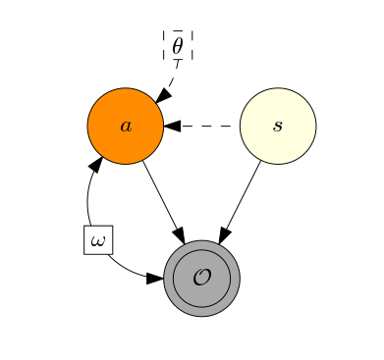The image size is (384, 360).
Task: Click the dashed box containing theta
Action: tap(177, 44)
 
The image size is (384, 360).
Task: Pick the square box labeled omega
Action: tap(98, 239)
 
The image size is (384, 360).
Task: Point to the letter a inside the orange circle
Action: tap(125, 126)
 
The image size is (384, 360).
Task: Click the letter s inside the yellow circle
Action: tap(278, 126)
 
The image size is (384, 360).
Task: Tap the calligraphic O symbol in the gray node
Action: tap(201, 278)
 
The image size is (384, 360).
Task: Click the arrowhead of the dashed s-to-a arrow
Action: tap(172, 126)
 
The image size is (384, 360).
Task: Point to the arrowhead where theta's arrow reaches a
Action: tap(162, 95)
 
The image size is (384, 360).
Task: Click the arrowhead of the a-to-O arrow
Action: tap(179, 234)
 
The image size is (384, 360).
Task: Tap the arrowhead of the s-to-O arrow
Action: tap(224, 234)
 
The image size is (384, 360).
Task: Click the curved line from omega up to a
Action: tap(88, 196)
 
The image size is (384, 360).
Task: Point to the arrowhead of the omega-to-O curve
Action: tap(154, 279)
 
